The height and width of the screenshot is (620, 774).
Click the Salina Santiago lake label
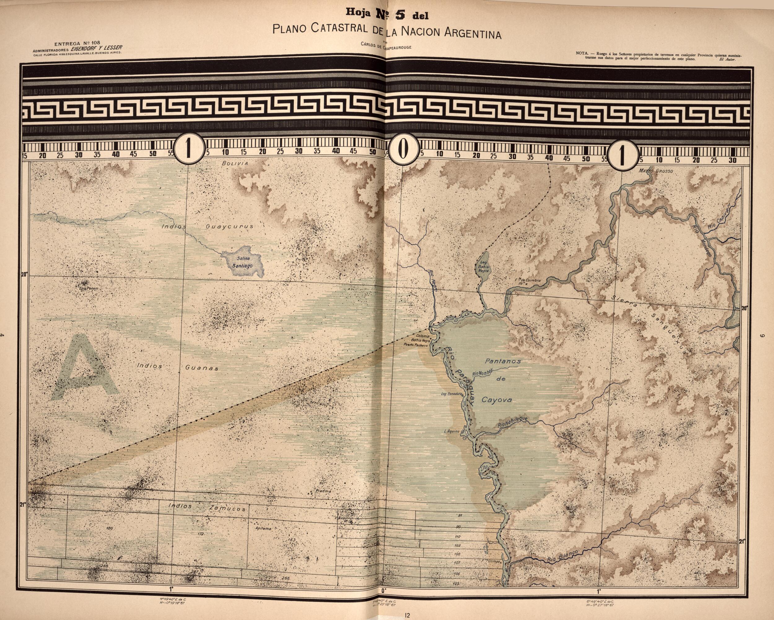(x=243, y=262)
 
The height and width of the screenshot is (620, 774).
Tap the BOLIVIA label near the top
(x=235, y=164)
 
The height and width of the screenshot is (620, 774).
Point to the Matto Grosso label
(x=655, y=171)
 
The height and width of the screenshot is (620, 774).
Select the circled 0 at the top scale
(x=404, y=150)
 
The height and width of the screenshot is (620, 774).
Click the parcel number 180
(x=110, y=528)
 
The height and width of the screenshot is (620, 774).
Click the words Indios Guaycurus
(x=208, y=226)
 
